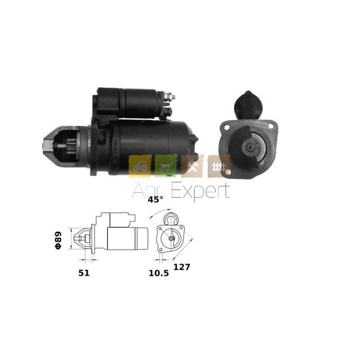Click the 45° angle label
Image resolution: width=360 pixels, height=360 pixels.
click(155, 200)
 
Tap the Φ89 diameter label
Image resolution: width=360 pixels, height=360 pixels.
click(58, 240)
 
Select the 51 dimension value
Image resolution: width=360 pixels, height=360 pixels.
click(84, 273)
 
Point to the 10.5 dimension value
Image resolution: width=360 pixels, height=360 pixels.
click(158, 273)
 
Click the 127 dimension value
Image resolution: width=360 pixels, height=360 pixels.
click(182, 267)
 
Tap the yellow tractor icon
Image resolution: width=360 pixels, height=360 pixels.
click(140, 166)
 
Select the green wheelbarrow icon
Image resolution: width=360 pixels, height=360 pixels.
click(166, 166)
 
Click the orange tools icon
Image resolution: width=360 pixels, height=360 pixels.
click(192, 166)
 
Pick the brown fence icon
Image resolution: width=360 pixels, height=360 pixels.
click(219, 166)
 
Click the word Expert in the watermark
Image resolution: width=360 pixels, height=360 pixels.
click(201, 191)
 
